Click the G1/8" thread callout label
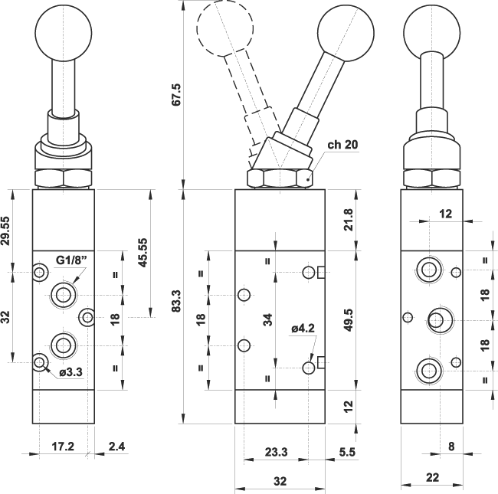(x=71, y=260)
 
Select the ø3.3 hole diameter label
(x=70, y=371)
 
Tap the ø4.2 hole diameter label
(x=303, y=329)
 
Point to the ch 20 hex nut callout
(x=342, y=145)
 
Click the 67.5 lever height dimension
(x=175, y=94)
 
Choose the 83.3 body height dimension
(x=175, y=301)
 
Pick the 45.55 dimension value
(x=143, y=253)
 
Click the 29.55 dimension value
(x=5, y=231)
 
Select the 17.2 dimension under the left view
(x=63, y=447)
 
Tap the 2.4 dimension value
(x=117, y=447)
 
